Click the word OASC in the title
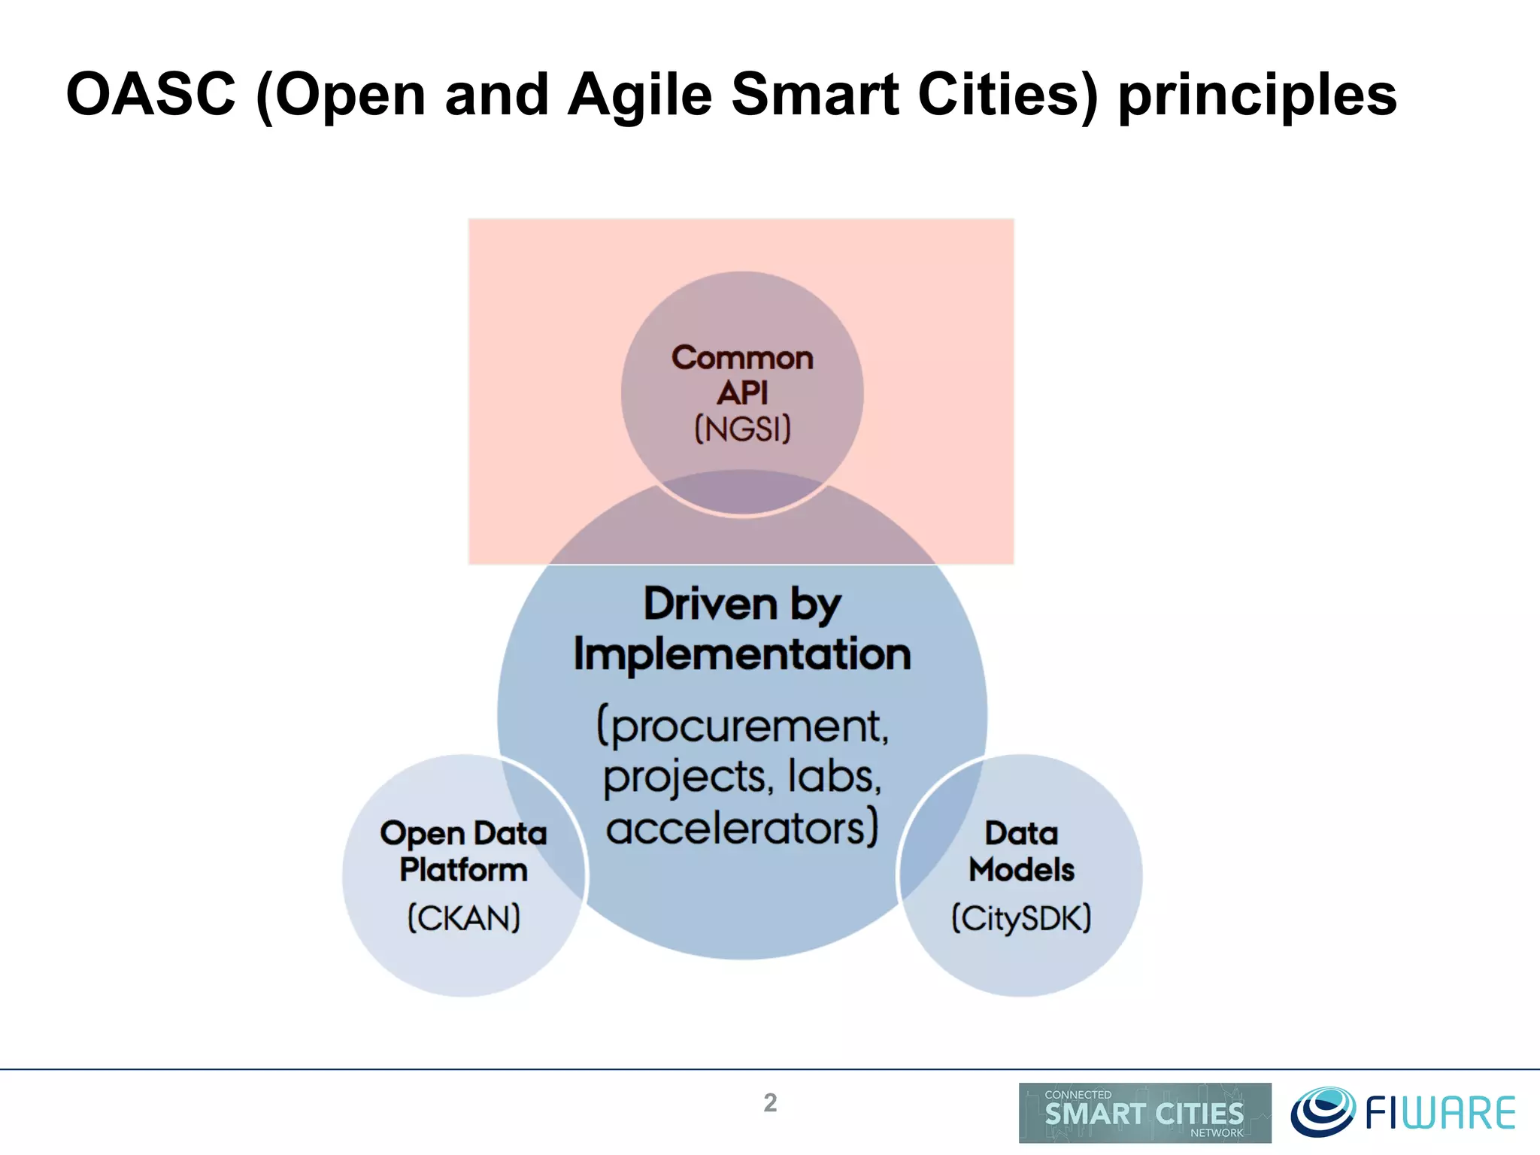(151, 95)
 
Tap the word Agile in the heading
(639, 95)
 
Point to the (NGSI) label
(742, 429)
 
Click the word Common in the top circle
(742, 358)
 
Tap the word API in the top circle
(742, 393)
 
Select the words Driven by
(742, 604)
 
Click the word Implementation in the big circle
(742, 654)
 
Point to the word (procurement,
(742, 726)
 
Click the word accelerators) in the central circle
(742, 828)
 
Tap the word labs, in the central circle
(834, 775)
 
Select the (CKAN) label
(464, 918)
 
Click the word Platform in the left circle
(464, 870)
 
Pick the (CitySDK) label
(1021, 918)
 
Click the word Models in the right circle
(1021, 870)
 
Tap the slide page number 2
(770, 1102)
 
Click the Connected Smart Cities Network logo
(1144, 1113)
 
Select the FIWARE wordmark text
(1440, 1114)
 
